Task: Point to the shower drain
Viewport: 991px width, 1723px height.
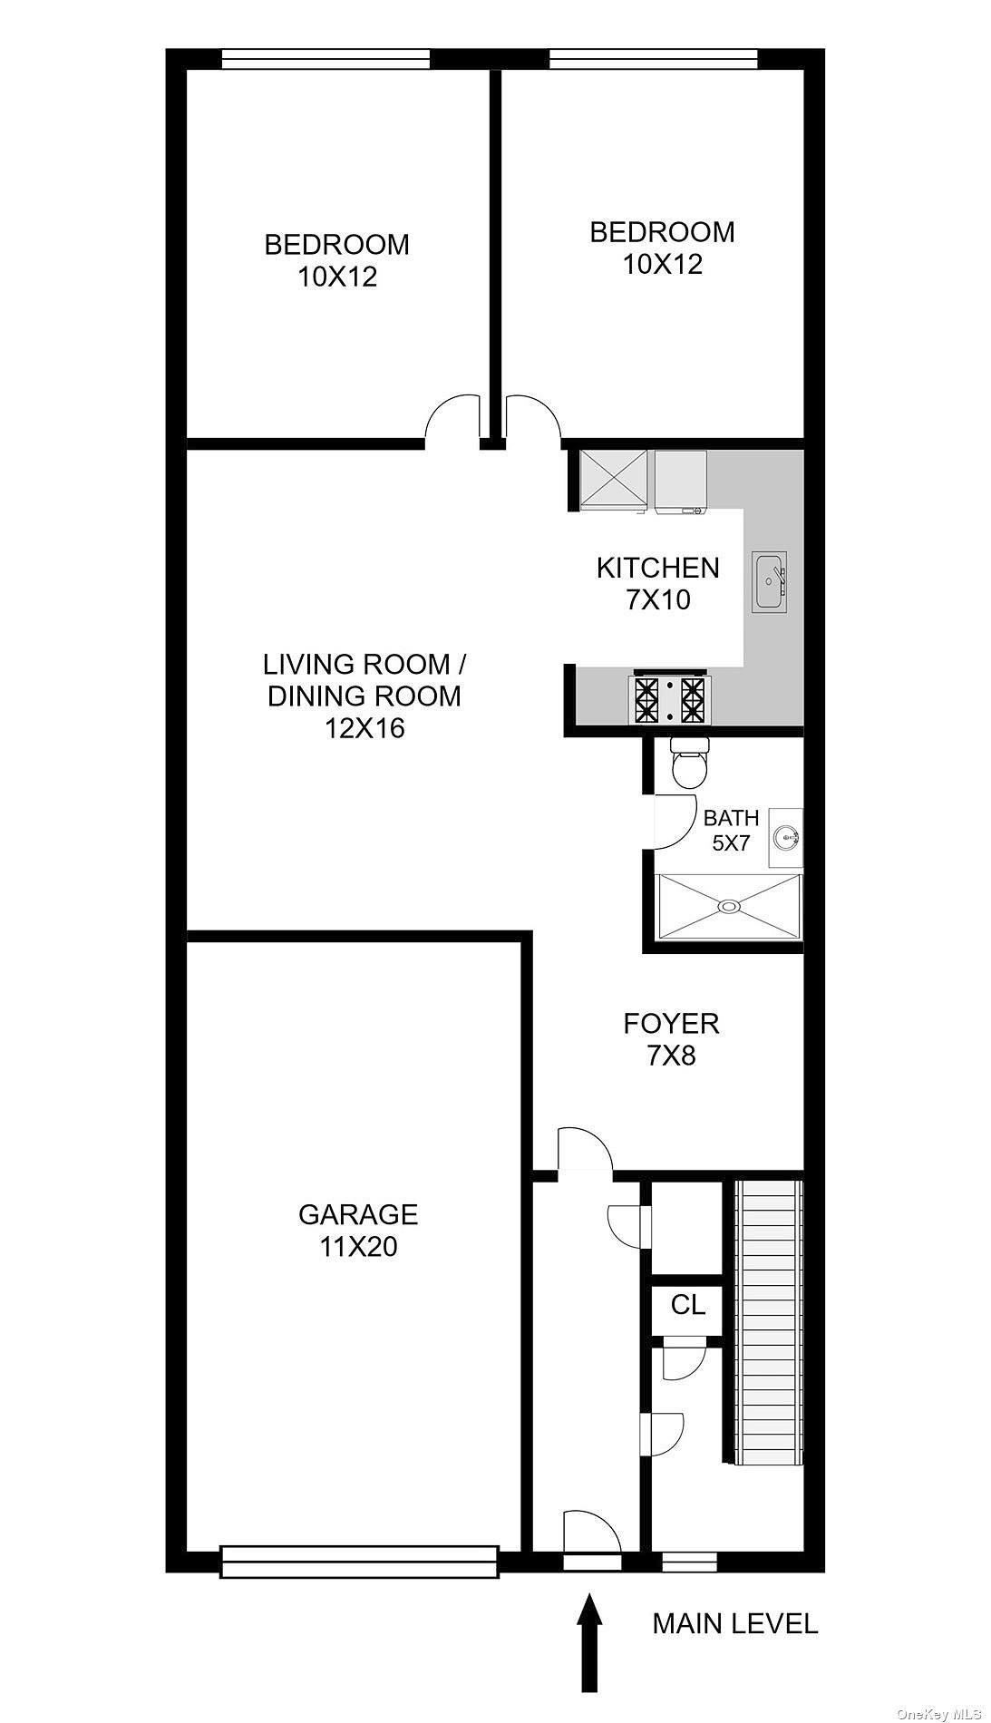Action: pyautogui.click(x=728, y=905)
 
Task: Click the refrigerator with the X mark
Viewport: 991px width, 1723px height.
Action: pyautogui.click(x=613, y=481)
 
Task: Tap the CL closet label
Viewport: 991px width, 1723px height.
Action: pyautogui.click(x=688, y=1305)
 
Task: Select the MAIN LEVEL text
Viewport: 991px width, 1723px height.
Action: pyautogui.click(x=735, y=1623)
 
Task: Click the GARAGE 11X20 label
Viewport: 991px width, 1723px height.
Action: pyautogui.click(x=359, y=1231)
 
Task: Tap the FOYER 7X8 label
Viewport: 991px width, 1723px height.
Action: pyautogui.click(x=671, y=1039)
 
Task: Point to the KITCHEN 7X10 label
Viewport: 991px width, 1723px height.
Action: pyautogui.click(x=658, y=583)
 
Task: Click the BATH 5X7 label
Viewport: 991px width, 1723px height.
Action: pyautogui.click(x=731, y=830)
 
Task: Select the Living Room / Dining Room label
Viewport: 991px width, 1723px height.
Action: pyautogui.click(x=364, y=696)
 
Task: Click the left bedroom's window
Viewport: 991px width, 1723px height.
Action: pyautogui.click(x=326, y=59)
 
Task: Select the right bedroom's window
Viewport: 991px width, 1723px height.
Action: pyautogui.click(x=653, y=59)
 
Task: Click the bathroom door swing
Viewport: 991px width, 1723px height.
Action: pyautogui.click(x=671, y=822)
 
